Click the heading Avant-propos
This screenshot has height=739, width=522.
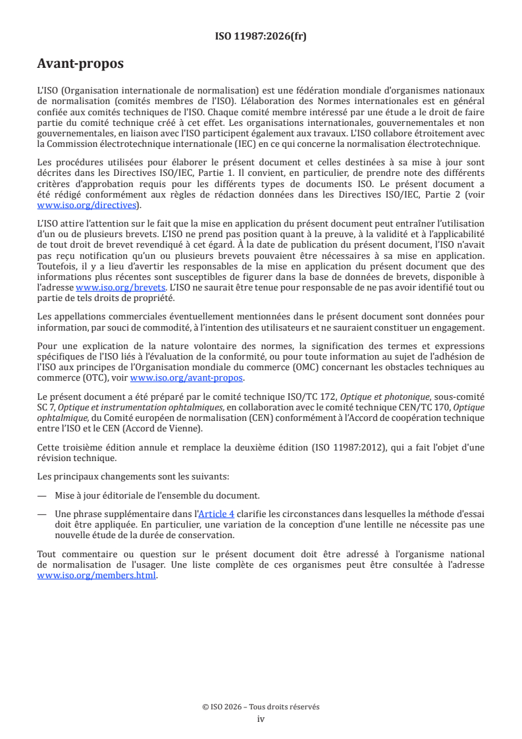(x=80, y=64)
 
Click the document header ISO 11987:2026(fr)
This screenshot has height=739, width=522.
(x=261, y=36)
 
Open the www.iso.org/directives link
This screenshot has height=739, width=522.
(x=89, y=205)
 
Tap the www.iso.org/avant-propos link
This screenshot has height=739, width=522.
(x=187, y=378)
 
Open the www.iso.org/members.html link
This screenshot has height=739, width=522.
(x=97, y=575)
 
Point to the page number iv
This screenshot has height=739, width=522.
(x=261, y=719)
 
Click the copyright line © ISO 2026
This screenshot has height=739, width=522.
(x=261, y=707)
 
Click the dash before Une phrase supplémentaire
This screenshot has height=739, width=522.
(x=42, y=514)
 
